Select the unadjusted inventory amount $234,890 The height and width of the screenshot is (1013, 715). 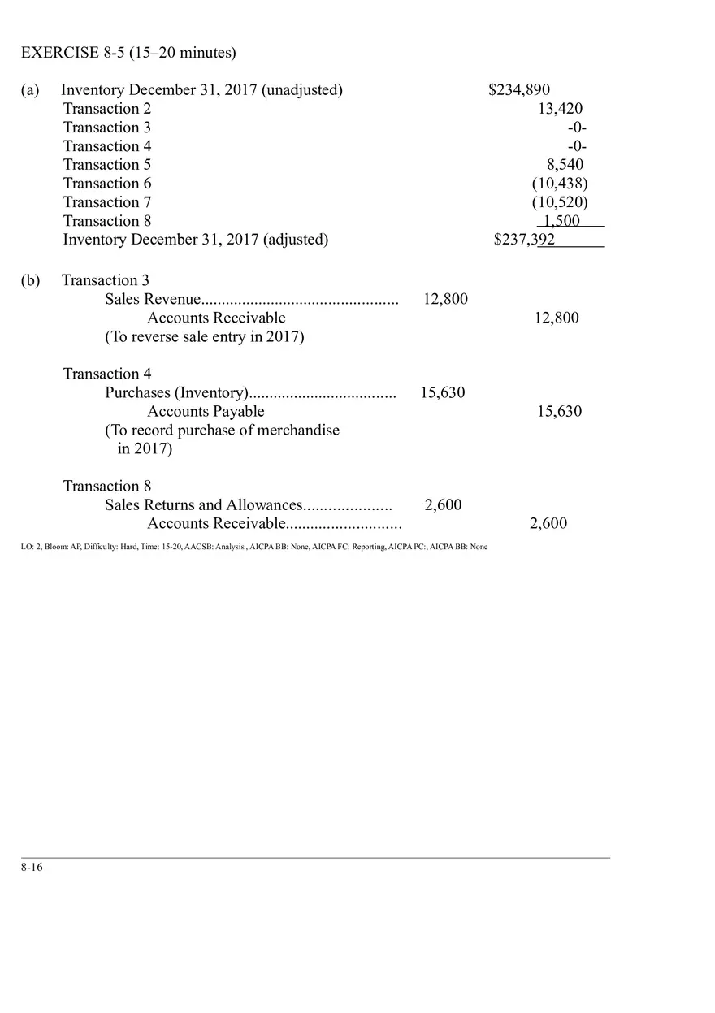[x=518, y=90]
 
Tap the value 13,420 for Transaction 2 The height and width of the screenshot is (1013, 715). [x=560, y=109]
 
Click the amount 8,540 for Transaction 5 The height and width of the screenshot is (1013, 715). [x=565, y=165]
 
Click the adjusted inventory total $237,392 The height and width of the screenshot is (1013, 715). [x=524, y=240]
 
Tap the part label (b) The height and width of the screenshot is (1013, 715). [x=30, y=281]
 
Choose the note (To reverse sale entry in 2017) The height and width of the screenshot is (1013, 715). [x=204, y=337]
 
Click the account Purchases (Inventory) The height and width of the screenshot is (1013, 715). [x=176, y=393]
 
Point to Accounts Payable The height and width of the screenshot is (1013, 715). [x=206, y=412]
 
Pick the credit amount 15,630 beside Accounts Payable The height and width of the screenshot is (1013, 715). [x=559, y=412]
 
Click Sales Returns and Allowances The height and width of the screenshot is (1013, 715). [x=203, y=505]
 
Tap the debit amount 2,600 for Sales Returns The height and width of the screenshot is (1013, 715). [x=443, y=505]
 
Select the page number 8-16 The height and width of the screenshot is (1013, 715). [x=32, y=868]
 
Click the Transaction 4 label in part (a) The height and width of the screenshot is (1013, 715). [x=107, y=146]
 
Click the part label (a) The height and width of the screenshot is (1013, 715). [x=30, y=90]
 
